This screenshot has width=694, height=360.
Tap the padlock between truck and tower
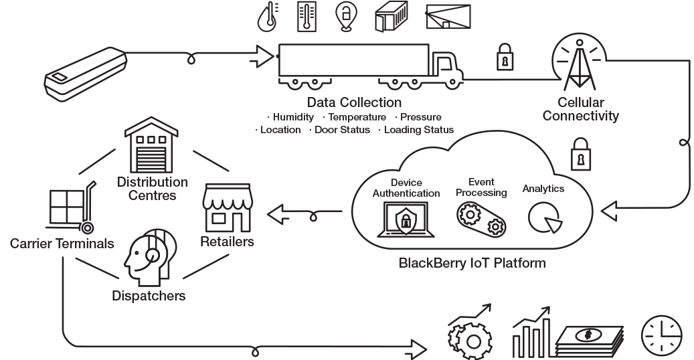pyautogui.click(x=503, y=59)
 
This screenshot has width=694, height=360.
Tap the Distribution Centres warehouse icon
pyautogui.click(x=150, y=148)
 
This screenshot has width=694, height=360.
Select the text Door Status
pyautogui.click(x=342, y=130)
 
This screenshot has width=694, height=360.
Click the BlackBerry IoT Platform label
pyautogui.click(x=472, y=263)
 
